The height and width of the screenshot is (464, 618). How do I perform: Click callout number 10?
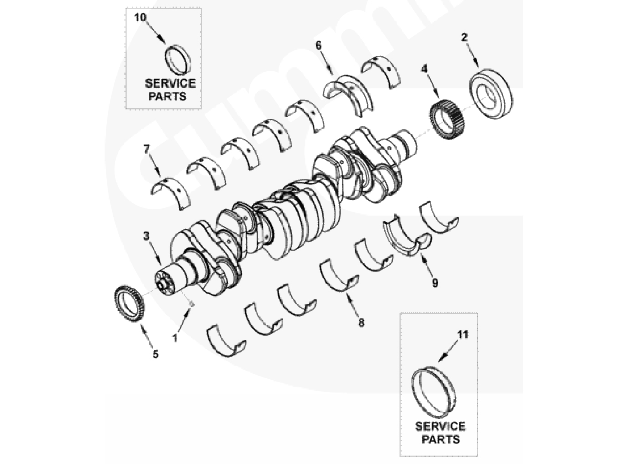pos(140,17)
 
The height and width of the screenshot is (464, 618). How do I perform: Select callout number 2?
pos(464,37)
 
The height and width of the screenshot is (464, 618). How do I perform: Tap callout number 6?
pos(318,45)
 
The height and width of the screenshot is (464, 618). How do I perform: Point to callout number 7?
pos(146,149)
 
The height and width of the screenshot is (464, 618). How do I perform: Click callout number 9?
pos(435,283)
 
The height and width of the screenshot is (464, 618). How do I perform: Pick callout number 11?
pos(463,335)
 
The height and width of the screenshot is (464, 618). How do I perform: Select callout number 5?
pos(156,354)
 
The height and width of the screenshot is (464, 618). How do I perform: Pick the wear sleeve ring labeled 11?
pos(416,394)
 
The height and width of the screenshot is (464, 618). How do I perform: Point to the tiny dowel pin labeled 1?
pos(191,304)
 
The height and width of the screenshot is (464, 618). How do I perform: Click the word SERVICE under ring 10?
pos(170,83)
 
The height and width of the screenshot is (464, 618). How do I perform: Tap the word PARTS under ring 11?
pos(441,439)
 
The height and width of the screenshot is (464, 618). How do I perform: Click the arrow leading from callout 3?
pos(154,253)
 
